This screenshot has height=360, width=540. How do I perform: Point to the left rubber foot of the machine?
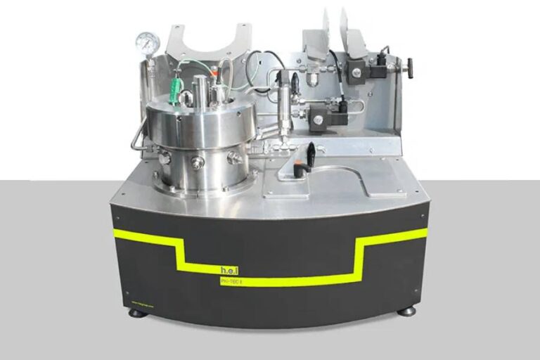pyautogui.click(x=138, y=312)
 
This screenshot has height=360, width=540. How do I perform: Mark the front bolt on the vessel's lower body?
pyautogui.click(x=198, y=162)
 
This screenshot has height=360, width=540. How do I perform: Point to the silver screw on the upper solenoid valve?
pyautogui.click(x=356, y=72)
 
